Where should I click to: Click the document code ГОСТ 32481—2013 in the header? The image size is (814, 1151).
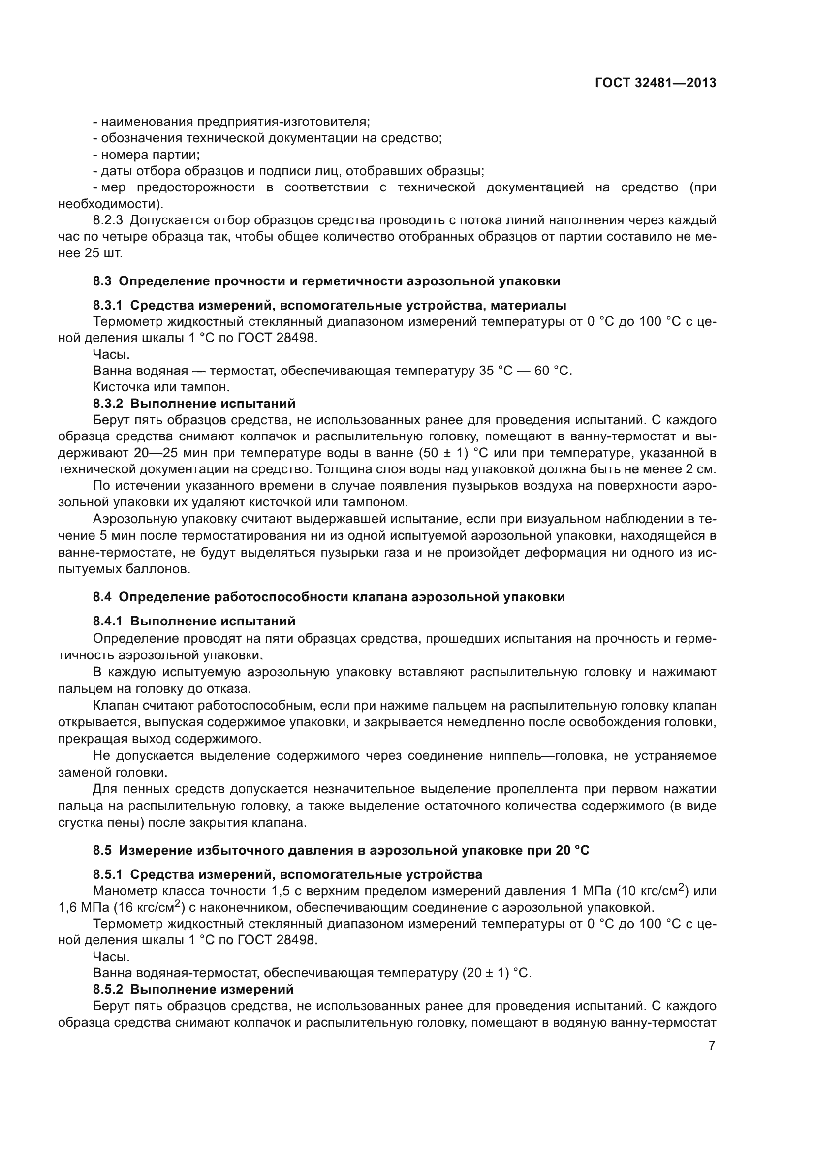655,83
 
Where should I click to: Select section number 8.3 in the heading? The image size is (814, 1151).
102,281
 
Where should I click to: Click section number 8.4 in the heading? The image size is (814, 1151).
102,597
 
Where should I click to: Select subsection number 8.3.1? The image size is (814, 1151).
108,305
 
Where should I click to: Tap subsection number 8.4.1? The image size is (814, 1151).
108,622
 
